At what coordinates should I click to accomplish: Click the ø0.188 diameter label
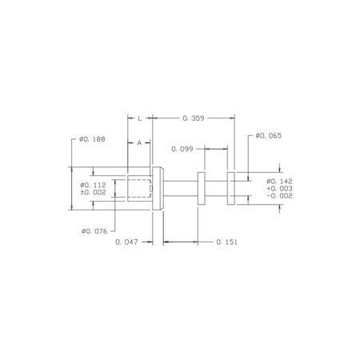click(x=92, y=139)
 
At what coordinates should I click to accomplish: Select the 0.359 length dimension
click(x=194, y=118)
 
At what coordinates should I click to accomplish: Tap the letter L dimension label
click(x=140, y=118)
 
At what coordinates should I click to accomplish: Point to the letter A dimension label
click(x=139, y=143)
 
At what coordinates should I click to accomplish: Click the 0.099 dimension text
click(x=182, y=149)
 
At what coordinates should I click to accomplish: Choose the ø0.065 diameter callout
click(x=269, y=136)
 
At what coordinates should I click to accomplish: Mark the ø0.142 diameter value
click(x=279, y=182)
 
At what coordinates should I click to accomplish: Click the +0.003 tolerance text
click(x=279, y=189)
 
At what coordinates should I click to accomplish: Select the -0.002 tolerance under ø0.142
click(x=279, y=196)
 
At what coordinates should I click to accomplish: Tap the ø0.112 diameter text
click(x=93, y=185)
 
